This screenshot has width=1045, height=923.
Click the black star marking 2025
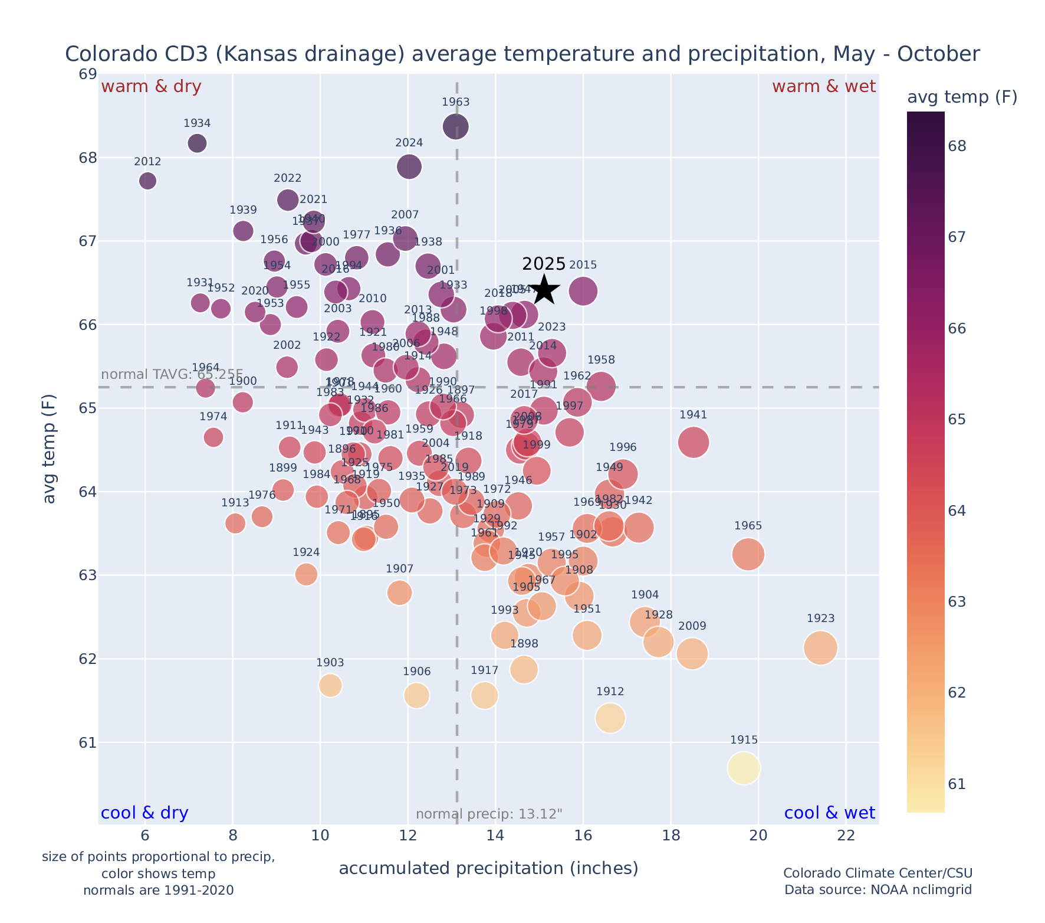[544, 290]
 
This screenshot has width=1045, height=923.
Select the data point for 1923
[820, 648]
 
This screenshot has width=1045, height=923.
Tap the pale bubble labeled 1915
[744, 768]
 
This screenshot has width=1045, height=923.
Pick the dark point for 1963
[456, 126]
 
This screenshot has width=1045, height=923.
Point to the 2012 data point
[148, 181]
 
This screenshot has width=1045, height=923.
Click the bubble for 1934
[197, 143]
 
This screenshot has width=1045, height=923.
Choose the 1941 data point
[694, 443]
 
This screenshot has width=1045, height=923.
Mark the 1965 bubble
[748, 554]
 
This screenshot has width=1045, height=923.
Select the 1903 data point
[330, 685]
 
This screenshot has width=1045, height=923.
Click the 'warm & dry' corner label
[151, 87]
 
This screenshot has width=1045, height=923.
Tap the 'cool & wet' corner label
[829, 813]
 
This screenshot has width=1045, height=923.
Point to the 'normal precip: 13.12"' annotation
[489, 814]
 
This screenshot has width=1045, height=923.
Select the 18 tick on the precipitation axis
[671, 836]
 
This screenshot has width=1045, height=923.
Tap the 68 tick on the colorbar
[957, 146]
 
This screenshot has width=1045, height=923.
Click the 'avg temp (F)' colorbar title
[962, 97]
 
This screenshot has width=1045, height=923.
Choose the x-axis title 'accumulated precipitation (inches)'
[488, 868]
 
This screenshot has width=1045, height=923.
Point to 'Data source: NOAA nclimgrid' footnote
[878, 890]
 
